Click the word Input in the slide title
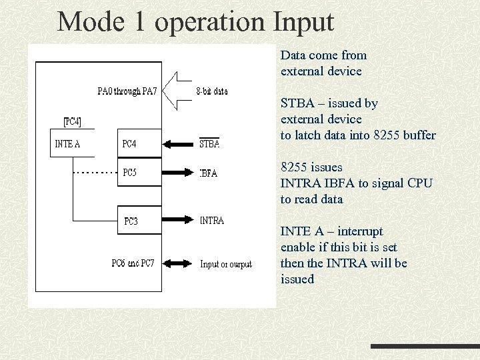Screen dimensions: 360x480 [x=303, y=23]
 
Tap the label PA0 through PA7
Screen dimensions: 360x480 [x=127, y=91]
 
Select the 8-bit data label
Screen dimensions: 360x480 [x=212, y=91]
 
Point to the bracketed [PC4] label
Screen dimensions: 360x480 [x=73, y=121]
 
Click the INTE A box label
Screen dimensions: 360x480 [x=68, y=143]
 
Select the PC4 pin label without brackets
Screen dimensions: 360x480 [x=131, y=143]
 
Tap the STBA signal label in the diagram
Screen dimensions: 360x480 [x=209, y=143]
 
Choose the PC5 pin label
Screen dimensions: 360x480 [x=130, y=173]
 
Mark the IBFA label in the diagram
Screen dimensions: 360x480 [x=209, y=173]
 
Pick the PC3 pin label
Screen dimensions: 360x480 [x=131, y=221]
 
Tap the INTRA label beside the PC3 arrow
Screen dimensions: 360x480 [x=212, y=221]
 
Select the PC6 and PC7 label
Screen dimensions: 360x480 [x=133, y=263]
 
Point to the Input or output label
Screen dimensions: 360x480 [x=226, y=264]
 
